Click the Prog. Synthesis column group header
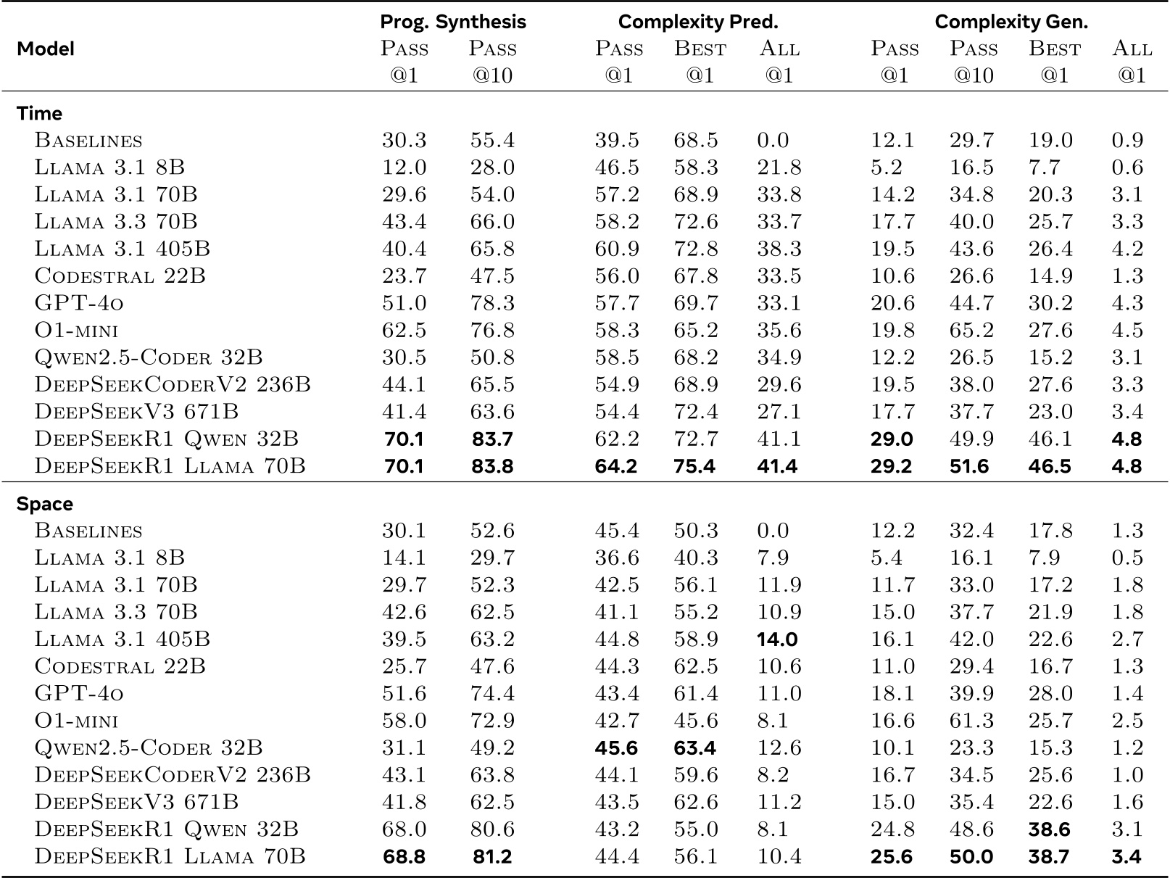coord(453,22)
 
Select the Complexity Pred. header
coord(698,22)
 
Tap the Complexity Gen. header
coord(1011,22)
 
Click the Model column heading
coord(46,49)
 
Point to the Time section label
coord(39,113)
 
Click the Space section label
coord(44,504)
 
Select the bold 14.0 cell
coord(777,639)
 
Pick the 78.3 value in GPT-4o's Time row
coord(492,303)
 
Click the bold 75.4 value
coord(694,465)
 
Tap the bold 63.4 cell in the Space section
coord(694,747)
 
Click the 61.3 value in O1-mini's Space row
coord(971,721)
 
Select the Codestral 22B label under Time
coord(120,276)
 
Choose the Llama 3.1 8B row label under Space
coord(109,558)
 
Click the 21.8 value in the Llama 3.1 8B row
coord(779,167)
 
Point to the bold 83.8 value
coord(492,465)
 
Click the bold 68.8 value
coord(404,856)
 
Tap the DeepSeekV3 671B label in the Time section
coord(136,412)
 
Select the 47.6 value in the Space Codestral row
coord(492,666)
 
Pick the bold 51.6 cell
coord(971,465)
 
